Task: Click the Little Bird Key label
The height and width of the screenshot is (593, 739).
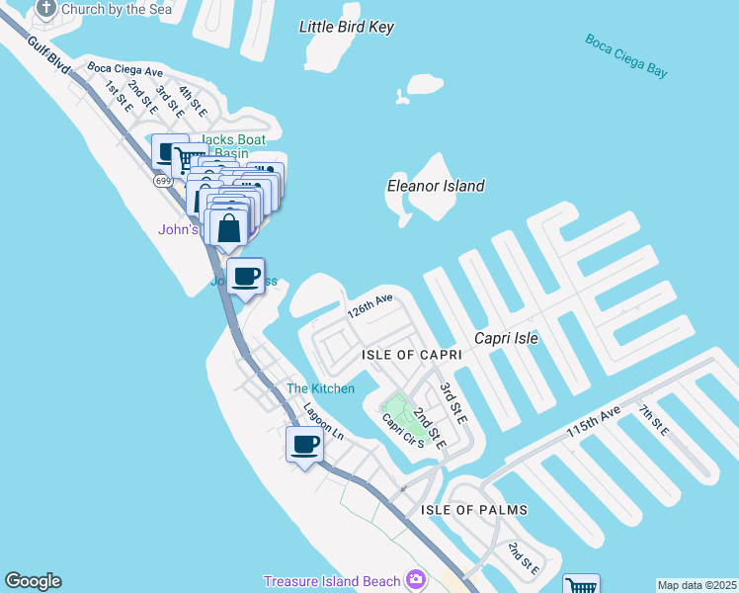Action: click(347, 27)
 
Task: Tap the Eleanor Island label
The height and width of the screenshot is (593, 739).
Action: click(436, 186)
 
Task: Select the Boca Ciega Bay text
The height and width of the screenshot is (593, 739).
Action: click(625, 55)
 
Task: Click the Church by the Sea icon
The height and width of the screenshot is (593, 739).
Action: click(45, 9)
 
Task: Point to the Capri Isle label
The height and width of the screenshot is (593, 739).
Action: click(506, 338)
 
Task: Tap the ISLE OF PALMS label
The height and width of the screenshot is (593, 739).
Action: click(474, 510)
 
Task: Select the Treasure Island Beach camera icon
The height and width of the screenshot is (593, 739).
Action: click(416, 579)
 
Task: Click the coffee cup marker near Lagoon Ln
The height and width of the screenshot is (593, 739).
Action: click(304, 444)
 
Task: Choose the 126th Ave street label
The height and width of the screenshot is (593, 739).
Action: click(369, 304)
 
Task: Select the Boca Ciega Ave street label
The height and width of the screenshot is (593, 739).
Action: click(124, 70)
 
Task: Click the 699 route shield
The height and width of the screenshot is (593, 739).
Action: click(163, 181)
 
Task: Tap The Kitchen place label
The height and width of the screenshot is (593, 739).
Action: click(320, 388)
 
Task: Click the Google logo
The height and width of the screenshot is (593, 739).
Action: click(33, 581)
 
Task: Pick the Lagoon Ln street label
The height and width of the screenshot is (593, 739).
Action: click(323, 420)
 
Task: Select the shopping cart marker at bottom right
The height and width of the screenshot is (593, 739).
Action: click(582, 585)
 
